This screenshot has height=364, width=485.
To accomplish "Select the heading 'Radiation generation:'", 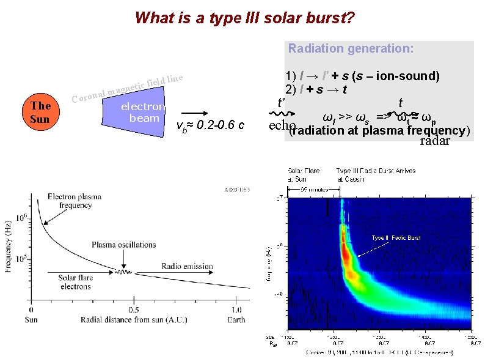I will [x=351, y=48].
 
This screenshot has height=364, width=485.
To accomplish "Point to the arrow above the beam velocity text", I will [x=195, y=113].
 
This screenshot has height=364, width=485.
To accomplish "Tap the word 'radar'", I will [x=434, y=141].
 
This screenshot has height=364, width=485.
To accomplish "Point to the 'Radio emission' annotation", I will [x=187, y=266].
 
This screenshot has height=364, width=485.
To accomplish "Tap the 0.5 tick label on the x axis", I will [x=133, y=310].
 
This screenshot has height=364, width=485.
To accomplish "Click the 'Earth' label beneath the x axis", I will [x=236, y=319].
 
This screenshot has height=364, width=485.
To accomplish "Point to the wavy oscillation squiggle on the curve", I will [x=125, y=272].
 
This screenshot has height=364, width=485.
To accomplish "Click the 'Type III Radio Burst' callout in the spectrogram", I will [x=396, y=237].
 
